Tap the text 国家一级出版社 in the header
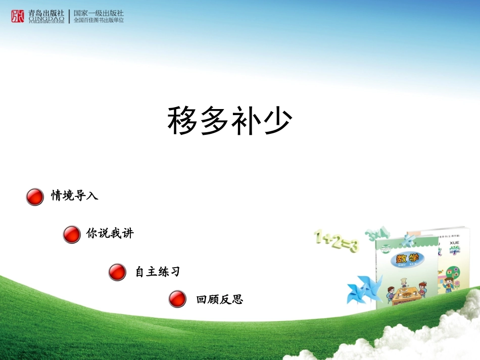tap(99, 13)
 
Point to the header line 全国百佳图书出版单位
tap(99, 21)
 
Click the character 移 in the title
tap(183, 121)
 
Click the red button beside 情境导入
tap(35, 197)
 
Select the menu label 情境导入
tap(75, 196)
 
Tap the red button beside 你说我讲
tap(72, 235)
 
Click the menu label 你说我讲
tap(110, 234)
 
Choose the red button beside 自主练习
tap(117, 273)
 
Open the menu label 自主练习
tap(157, 272)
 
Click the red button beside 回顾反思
tap(177, 299)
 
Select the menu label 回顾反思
tap(220, 299)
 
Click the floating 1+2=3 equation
tap(335, 241)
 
